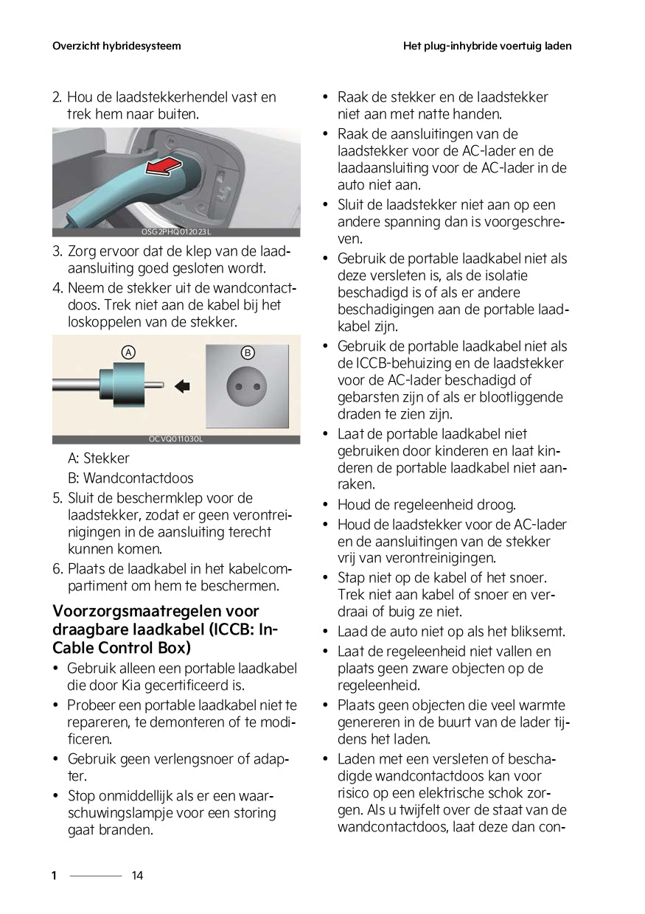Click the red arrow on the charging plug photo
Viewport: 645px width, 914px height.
(162, 167)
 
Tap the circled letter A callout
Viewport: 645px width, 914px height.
(129, 352)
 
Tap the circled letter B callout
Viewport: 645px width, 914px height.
(248, 352)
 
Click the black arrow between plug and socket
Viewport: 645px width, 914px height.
(184, 385)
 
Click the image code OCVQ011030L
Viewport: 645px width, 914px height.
(175, 439)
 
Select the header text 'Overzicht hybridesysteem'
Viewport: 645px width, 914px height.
(116, 46)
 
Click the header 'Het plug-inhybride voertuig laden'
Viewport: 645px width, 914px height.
(487, 46)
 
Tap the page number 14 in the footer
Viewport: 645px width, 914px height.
(137, 876)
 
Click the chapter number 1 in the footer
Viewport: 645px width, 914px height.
(54, 876)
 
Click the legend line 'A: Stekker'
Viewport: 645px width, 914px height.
(99, 458)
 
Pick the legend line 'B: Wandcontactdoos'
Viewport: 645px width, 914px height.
(130, 478)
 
